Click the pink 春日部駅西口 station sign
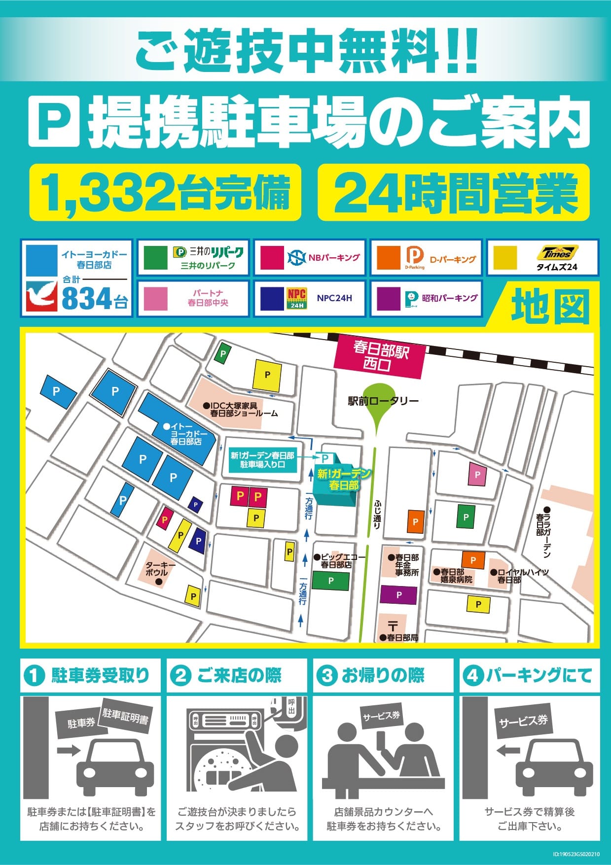pyautogui.click(x=379, y=357)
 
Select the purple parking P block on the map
pyautogui.click(x=398, y=595)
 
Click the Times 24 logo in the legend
pyautogui.click(x=557, y=253)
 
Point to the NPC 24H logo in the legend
pyautogui.click(x=297, y=298)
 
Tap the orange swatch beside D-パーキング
pyautogui.click(x=388, y=258)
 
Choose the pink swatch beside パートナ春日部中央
pyautogui.click(x=155, y=298)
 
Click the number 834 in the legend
pyautogui.click(x=87, y=298)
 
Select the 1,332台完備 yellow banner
pyautogui.click(x=165, y=193)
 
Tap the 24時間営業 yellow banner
pyautogui.click(x=454, y=193)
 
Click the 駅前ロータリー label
pyautogui.click(x=383, y=401)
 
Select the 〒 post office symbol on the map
pyautogui.click(x=393, y=626)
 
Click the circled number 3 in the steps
pyautogui.click(x=327, y=675)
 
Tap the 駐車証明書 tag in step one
pyautogui.click(x=125, y=715)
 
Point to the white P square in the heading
pyautogui.click(x=54, y=121)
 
